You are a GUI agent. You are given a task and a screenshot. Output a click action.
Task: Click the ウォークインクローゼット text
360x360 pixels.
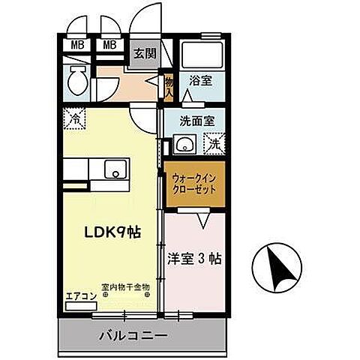pyautogui.click(x=194, y=184)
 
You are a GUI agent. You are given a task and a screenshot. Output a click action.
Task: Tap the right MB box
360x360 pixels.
pyautogui.click(x=109, y=44)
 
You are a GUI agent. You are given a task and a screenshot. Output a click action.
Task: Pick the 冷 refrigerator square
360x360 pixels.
pyautogui.click(x=75, y=118)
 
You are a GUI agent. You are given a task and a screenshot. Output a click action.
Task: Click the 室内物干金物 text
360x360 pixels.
pyautogui.click(x=126, y=286)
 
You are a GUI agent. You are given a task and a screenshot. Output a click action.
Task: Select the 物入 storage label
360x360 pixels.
pyautogui.click(x=169, y=87)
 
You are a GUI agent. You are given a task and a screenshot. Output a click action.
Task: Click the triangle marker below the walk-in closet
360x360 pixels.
pyautogui.click(x=202, y=220)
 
